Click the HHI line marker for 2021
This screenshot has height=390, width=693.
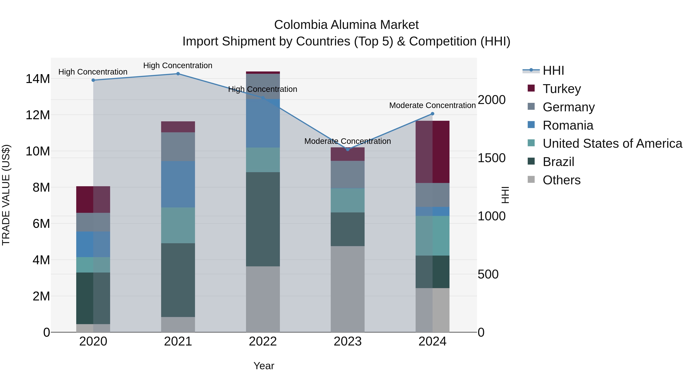(x=178, y=74)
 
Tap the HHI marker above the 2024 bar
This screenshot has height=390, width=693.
(x=433, y=114)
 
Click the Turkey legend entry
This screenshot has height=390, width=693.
(x=562, y=89)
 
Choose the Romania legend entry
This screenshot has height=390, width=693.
(x=568, y=125)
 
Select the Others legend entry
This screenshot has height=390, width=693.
(x=562, y=180)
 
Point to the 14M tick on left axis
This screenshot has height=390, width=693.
(x=38, y=79)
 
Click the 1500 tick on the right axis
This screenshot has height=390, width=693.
(x=491, y=158)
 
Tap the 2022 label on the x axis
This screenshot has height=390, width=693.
(x=263, y=341)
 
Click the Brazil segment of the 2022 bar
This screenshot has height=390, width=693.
(x=263, y=219)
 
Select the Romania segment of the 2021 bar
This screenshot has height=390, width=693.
(x=178, y=184)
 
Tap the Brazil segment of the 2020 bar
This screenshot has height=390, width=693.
(x=93, y=298)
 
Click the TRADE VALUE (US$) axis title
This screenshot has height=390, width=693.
(x=6, y=195)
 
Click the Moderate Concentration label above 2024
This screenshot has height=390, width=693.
(x=432, y=105)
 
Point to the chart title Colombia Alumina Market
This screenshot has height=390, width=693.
(x=346, y=25)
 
